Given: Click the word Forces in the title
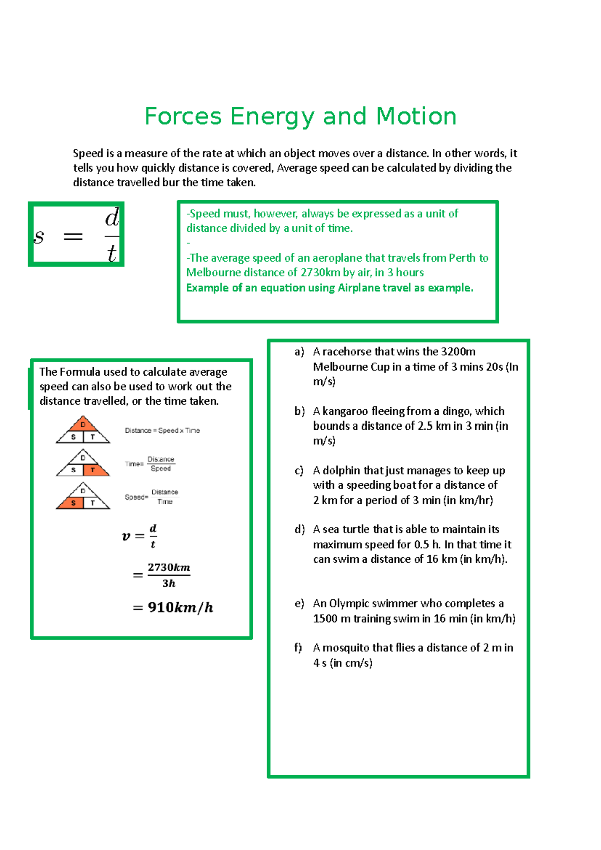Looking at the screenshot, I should click(183, 116).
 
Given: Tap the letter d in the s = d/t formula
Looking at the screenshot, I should click(112, 218).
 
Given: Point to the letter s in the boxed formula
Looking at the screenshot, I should click(39, 236).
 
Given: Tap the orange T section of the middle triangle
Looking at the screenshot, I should click(94, 470).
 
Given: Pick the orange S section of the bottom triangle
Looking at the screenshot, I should click(72, 503).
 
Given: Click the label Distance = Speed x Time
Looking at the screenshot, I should click(162, 430).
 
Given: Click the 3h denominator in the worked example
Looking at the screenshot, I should click(169, 583).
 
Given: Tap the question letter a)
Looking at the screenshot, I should click(299, 352).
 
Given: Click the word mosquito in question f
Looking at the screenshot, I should click(357, 648).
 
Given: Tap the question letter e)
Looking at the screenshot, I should click(299, 604).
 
